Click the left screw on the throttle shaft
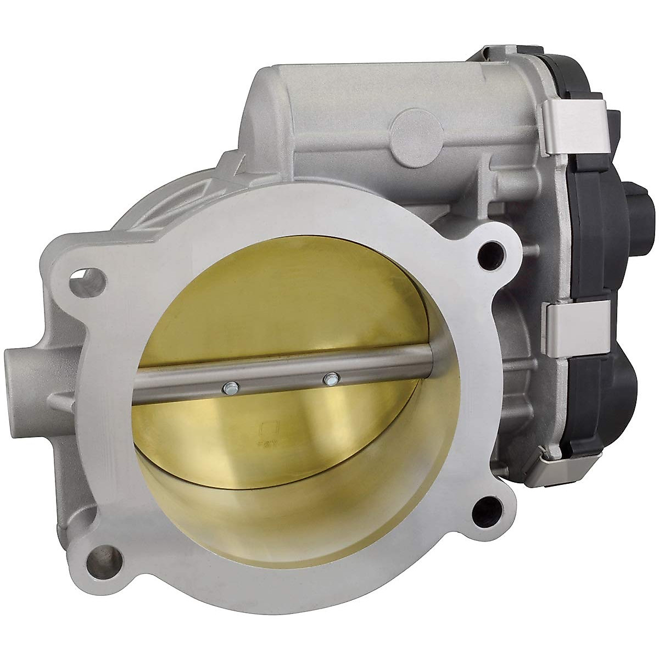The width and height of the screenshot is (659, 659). tap(229, 388)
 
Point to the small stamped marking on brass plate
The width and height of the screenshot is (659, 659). tap(270, 434)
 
